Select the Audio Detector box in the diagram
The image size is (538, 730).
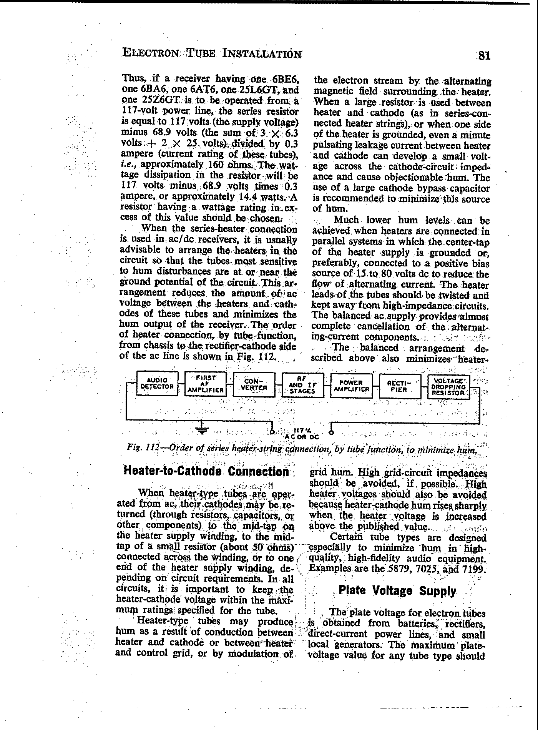158,384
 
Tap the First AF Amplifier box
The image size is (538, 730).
206,384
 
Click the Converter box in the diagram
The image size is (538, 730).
254,384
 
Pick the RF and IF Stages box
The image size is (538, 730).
302,385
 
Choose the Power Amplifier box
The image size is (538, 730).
351,386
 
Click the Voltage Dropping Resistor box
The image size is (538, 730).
448,387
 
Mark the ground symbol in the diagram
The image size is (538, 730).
202,430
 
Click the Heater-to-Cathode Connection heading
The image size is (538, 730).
206,472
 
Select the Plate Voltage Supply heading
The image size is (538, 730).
397,591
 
